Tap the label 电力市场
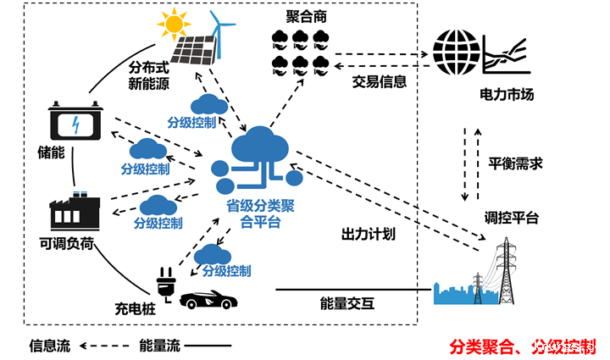click(x=506, y=94)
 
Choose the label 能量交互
click(x=348, y=303)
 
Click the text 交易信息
click(x=380, y=82)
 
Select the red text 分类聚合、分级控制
click(x=522, y=346)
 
